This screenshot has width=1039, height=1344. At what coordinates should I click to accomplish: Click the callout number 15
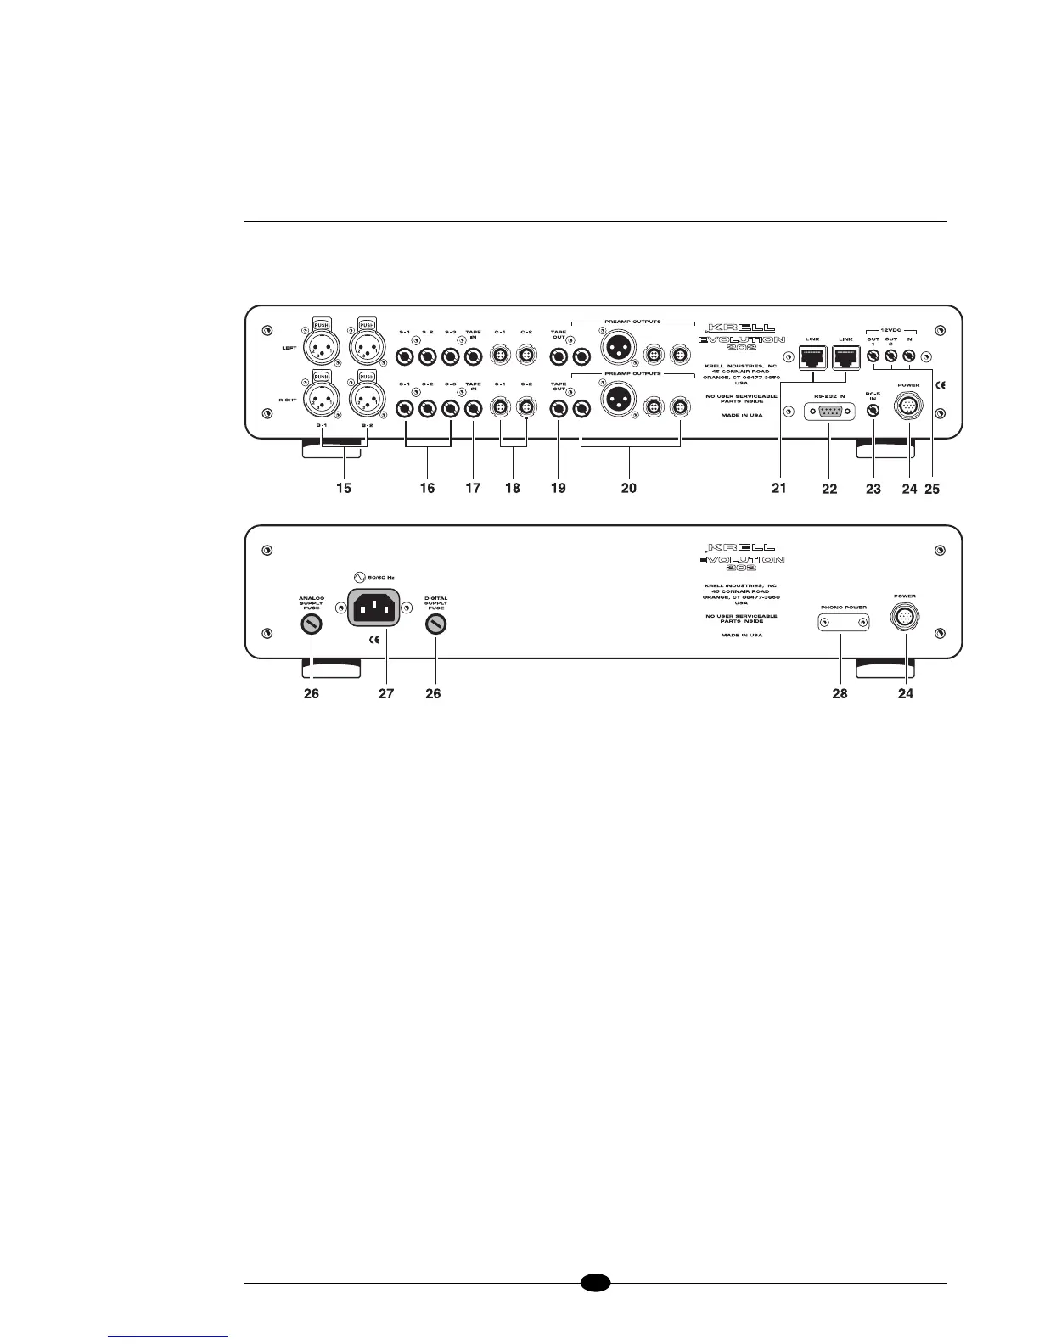pyautogui.click(x=344, y=488)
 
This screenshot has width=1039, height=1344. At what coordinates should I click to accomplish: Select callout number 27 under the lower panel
pyautogui.click(x=386, y=693)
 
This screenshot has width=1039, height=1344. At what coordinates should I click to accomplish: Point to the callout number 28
pyautogui.click(x=840, y=693)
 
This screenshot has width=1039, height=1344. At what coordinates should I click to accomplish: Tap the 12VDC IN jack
pyautogui.click(x=908, y=357)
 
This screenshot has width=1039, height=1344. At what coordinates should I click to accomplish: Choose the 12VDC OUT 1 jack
pyautogui.click(x=873, y=357)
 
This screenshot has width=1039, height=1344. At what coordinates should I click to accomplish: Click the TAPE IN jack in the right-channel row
pyautogui.click(x=474, y=410)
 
